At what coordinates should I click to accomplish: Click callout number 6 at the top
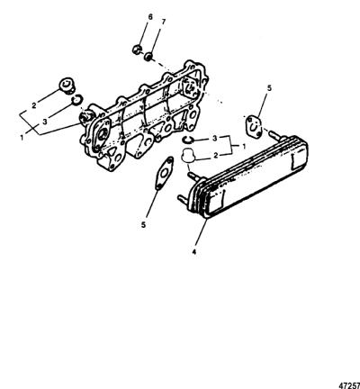click(150, 17)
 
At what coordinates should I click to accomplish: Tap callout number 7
click(164, 22)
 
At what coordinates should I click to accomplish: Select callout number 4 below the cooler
click(194, 252)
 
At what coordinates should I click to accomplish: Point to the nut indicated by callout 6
click(137, 49)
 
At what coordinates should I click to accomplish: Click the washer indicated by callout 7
click(148, 57)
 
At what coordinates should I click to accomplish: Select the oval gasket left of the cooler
click(164, 173)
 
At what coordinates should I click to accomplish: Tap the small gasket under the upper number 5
click(254, 125)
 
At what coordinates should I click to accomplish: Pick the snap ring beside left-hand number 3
click(77, 100)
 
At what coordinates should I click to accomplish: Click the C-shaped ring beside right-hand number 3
click(189, 140)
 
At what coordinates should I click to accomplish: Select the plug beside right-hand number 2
click(188, 156)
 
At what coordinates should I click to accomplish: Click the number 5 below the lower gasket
click(143, 224)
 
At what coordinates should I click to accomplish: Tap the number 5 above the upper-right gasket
click(269, 88)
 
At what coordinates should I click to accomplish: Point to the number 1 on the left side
click(22, 138)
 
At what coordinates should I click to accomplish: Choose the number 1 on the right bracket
click(244, 147)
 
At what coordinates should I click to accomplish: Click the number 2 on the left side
click(34, 105)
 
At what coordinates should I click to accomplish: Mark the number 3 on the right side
click(214, 139)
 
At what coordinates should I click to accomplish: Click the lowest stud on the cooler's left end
click(184, 199)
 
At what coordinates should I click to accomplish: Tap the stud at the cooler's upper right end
click(276, 134)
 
